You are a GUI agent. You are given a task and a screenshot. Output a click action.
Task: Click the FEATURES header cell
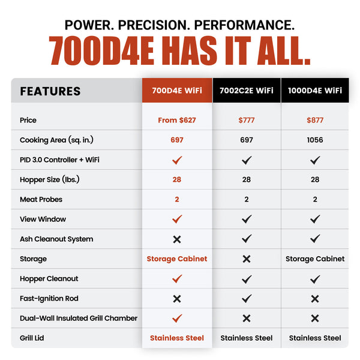coord(50,91)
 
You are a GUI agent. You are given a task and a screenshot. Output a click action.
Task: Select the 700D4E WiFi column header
coord(177,91)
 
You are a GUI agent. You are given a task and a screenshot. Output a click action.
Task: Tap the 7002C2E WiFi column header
coord(246,91)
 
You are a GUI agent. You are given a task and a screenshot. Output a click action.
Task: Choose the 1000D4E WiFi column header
coord(315,91)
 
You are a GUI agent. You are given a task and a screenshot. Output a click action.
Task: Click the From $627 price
coord(177,120)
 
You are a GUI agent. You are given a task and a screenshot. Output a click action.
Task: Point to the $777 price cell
coord(246,120)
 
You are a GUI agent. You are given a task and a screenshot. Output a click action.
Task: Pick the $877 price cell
coord(315,120)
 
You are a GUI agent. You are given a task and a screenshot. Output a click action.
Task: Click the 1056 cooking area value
coord(315,140)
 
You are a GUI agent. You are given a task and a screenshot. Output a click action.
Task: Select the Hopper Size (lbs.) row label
coord(49,179)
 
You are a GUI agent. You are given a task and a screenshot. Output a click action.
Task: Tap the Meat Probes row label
coord(41,199)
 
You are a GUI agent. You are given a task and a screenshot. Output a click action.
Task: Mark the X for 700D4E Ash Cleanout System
coord(177,239)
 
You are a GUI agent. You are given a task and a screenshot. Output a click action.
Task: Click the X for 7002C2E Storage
coord(246,259)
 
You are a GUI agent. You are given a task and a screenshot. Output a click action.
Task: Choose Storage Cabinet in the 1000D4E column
coord(315,259)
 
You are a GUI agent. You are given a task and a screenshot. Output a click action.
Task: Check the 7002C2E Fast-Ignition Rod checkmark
coord(246,298)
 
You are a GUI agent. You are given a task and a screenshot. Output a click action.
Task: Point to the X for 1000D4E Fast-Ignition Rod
coord(315,298)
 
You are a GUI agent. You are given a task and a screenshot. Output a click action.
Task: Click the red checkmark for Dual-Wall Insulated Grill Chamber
coord(177,318)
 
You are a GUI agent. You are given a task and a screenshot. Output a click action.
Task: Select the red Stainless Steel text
coord(177,338)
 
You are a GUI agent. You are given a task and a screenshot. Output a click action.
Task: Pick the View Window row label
coord(43,219)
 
